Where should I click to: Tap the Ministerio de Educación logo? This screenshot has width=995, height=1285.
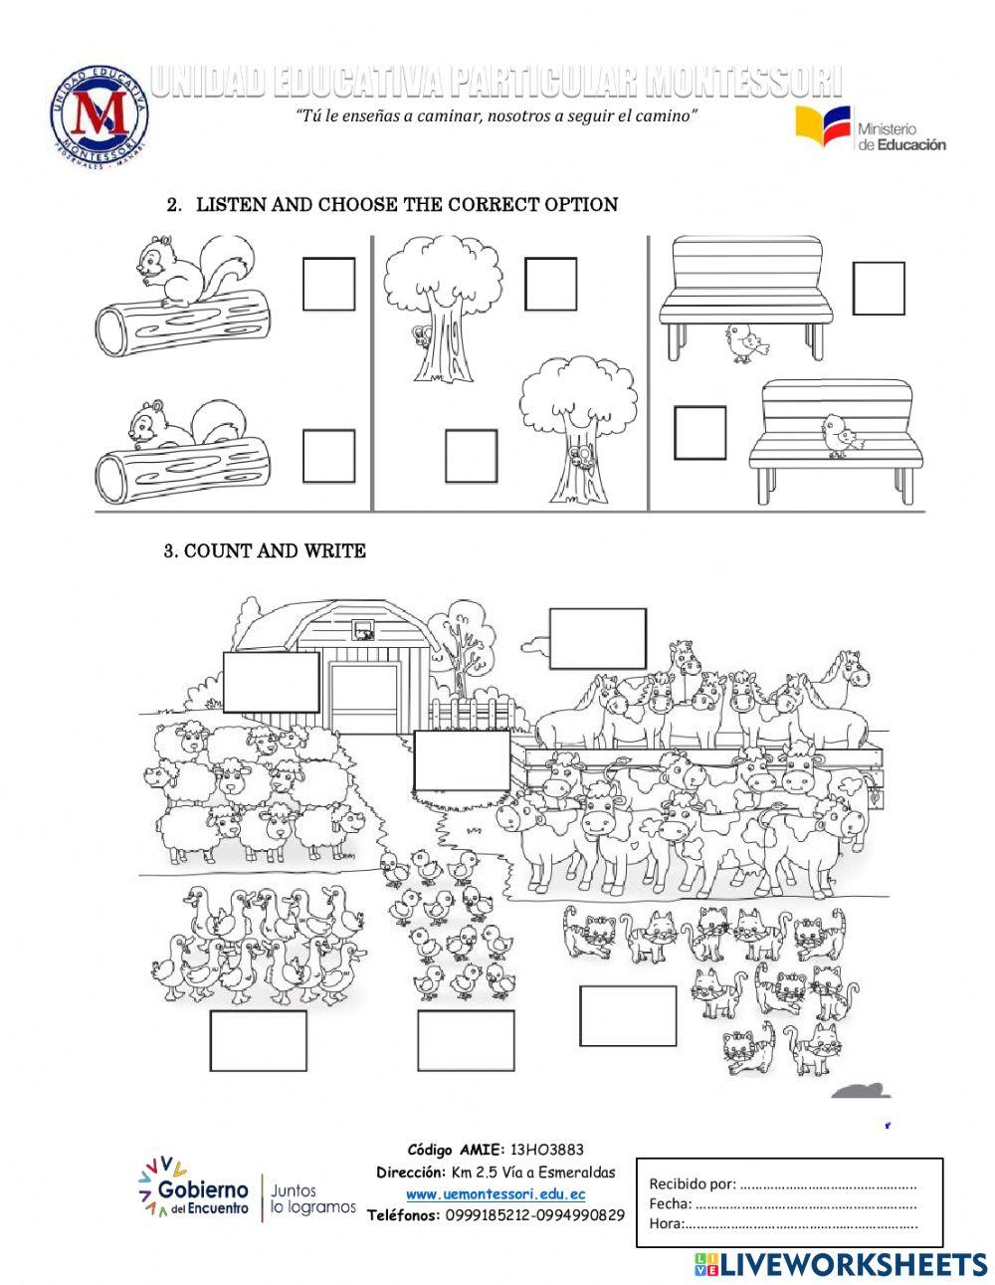coord(870,129)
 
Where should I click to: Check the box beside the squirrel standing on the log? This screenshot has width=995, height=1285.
coord(329,284)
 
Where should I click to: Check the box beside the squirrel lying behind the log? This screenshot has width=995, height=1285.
coord(329,455)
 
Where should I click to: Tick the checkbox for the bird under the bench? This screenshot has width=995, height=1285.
coord(879,288)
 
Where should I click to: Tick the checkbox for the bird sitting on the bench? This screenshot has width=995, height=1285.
coord(699,432)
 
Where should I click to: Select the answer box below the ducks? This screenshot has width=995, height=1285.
coord(258,1040)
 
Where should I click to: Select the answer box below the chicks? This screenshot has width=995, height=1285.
coord(464,1039)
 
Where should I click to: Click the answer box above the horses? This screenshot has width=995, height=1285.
coord(597,638)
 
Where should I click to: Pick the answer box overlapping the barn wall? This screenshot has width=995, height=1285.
coord(271,682)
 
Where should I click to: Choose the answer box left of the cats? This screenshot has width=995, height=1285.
coord(627,1014)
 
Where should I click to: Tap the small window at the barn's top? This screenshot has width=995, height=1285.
coord(364,629)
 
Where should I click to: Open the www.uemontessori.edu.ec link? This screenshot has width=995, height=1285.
coord(496,1193)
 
